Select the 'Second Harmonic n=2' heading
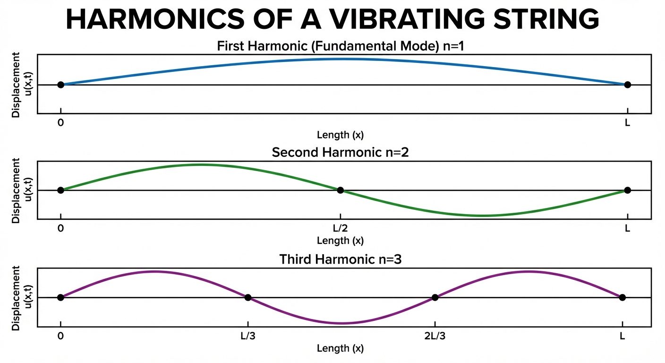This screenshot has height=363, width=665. click(340, 153)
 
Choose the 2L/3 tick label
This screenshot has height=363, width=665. click(435, 336)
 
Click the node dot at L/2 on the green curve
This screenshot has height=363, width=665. click(340, 190)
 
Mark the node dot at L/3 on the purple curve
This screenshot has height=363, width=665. click(248, 298)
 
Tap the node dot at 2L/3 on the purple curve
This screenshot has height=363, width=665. click(435, 298)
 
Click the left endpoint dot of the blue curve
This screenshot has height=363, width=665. click(60, 85)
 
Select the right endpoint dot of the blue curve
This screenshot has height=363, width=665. click(627, 85)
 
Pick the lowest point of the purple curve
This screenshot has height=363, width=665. click(341, 324)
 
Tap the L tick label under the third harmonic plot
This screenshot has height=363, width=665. click(622, 336)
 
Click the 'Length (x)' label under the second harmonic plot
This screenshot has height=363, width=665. click(340, 241)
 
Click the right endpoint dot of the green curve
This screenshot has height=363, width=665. click(627, 190)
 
